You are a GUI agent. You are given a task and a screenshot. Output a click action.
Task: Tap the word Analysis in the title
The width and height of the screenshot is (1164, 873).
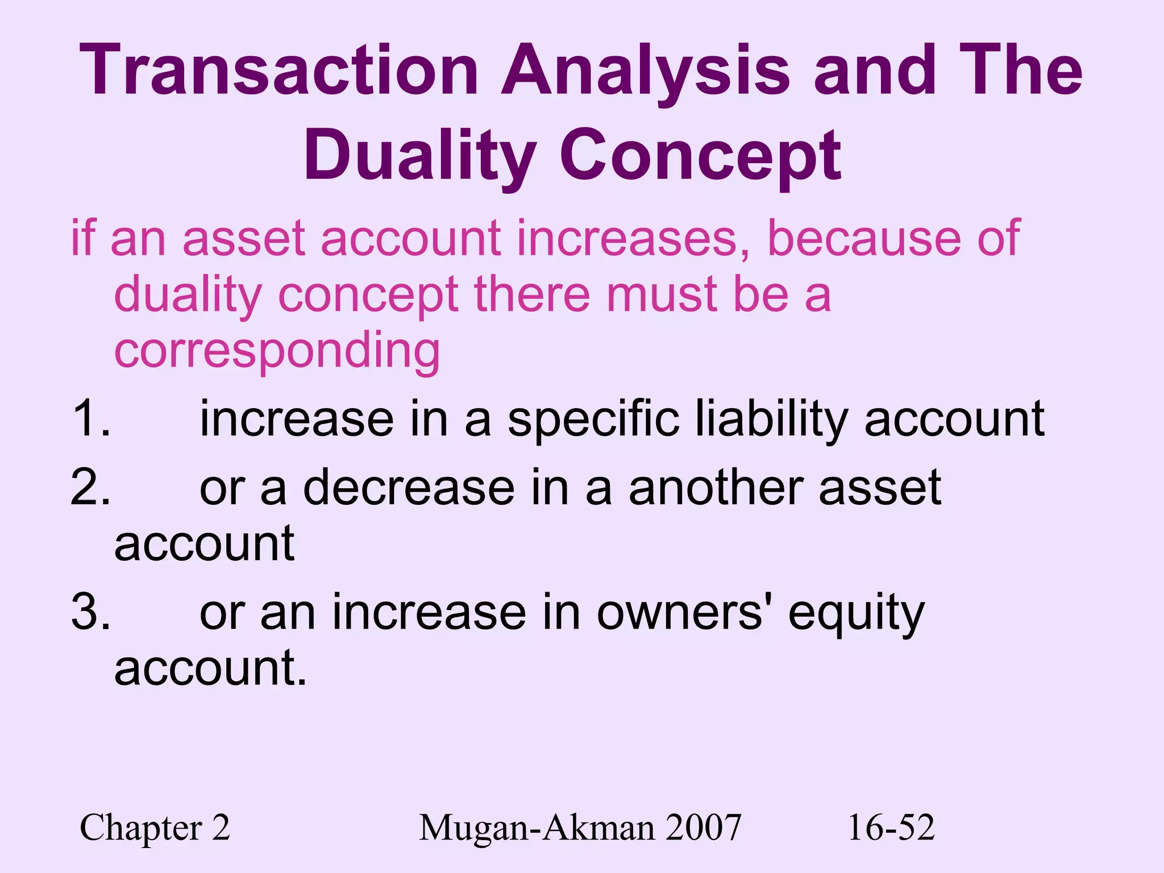[645, 71]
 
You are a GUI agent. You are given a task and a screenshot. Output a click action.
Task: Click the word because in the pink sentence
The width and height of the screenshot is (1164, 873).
[864, 239]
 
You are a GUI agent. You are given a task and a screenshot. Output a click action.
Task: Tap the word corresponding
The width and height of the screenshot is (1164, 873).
[277, 351]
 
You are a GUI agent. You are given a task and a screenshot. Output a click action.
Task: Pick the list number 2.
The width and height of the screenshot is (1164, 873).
[91, 487]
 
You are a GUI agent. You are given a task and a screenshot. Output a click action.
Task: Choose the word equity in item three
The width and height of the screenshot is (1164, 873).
[856, 614]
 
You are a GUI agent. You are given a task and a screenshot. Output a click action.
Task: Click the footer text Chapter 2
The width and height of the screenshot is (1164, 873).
[155, 828]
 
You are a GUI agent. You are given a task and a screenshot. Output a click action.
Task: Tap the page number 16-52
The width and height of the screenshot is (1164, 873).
[891, 828]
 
